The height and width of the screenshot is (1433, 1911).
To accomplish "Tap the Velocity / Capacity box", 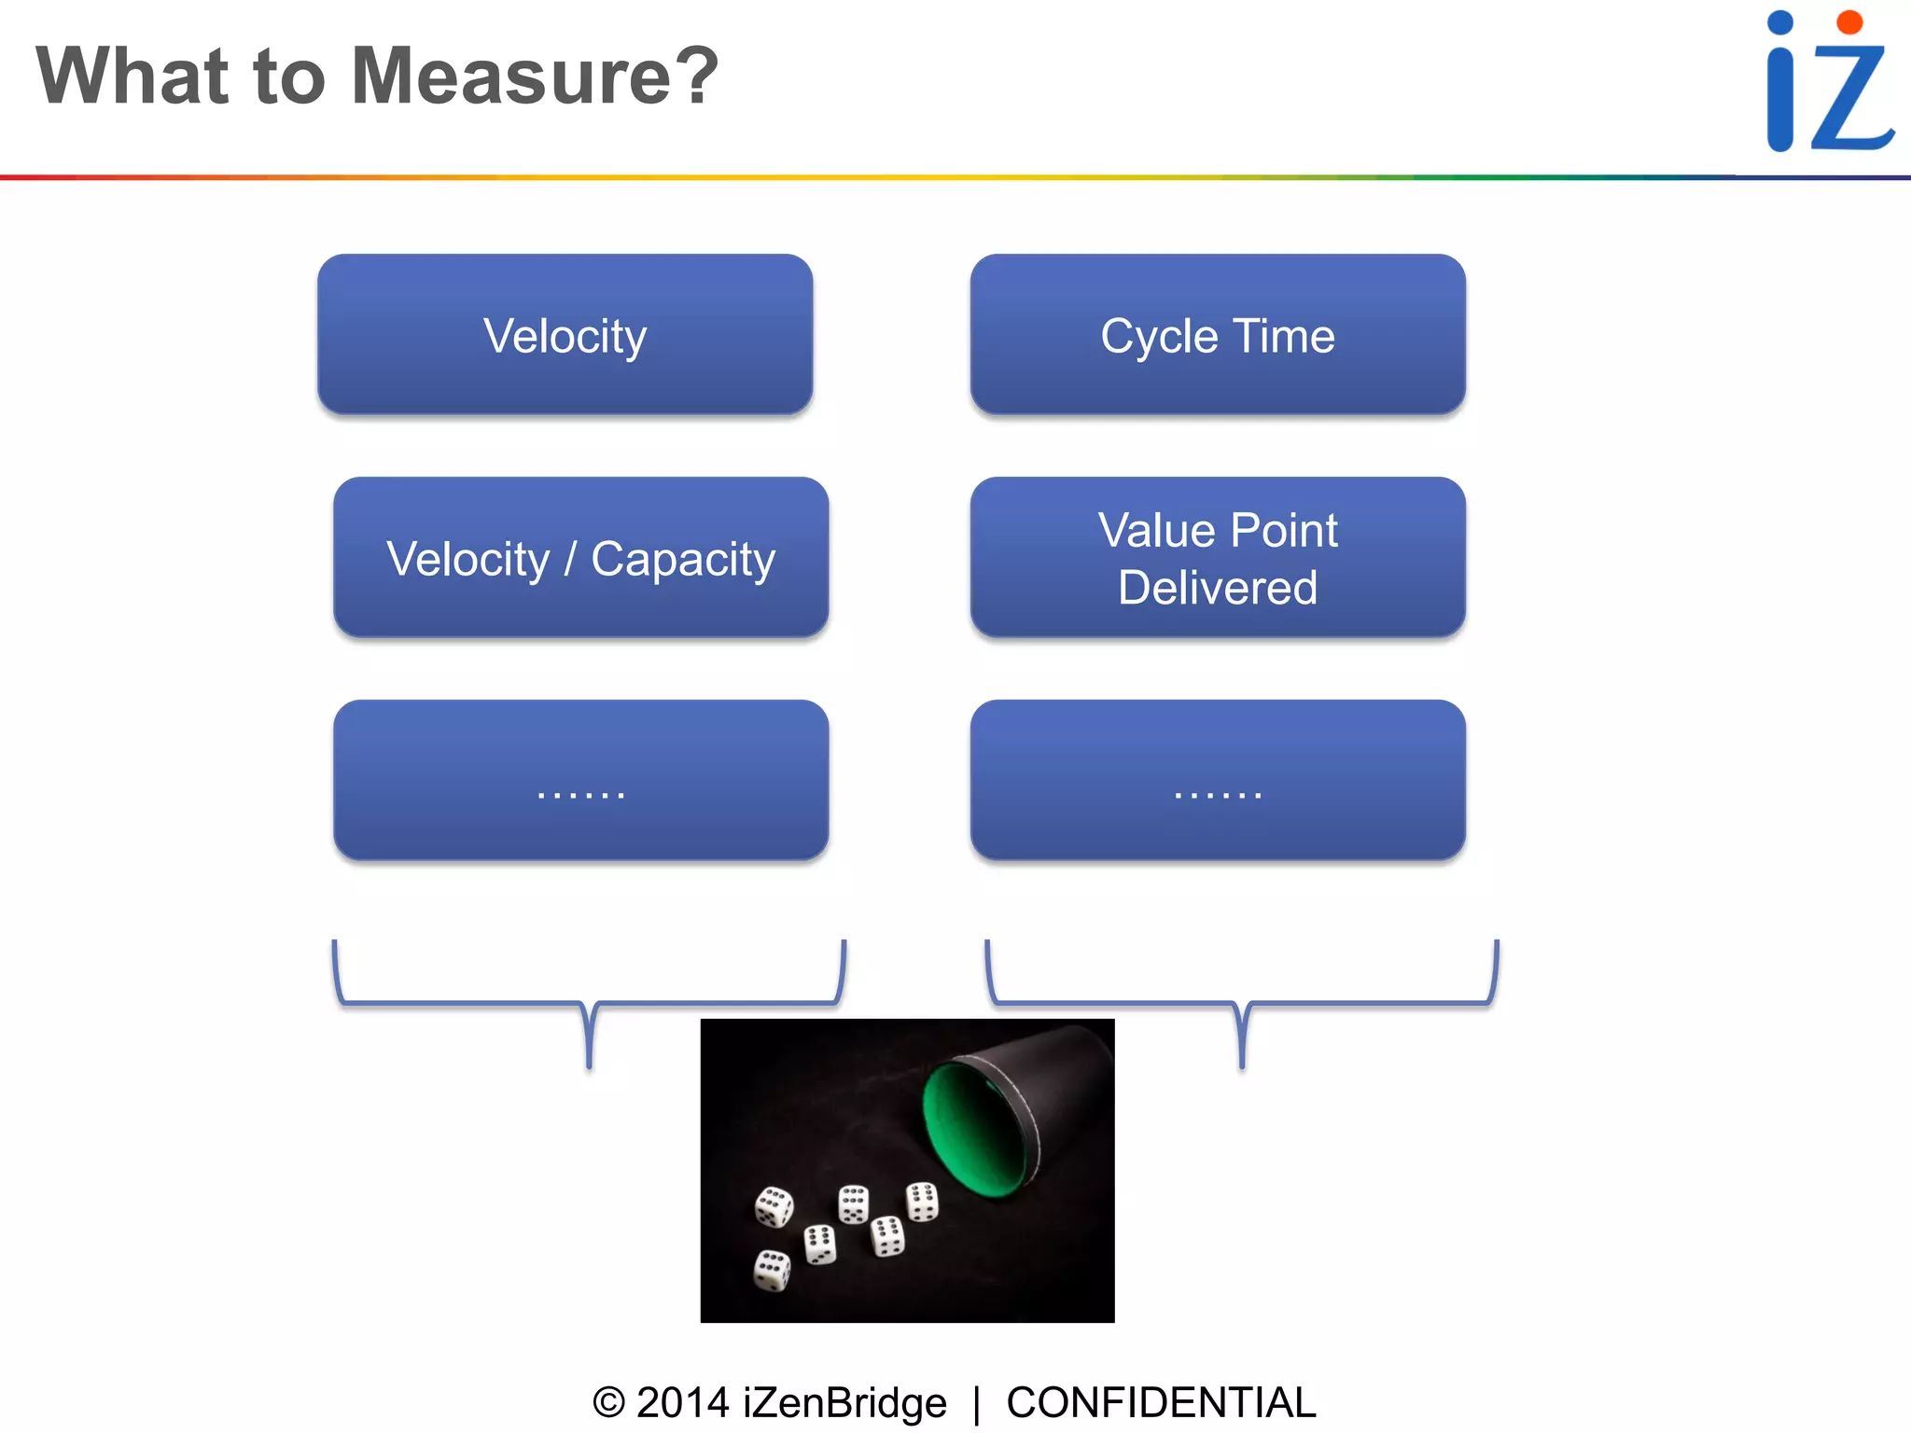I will [x=580, y=557].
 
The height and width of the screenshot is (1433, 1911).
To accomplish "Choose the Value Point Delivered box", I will [x=1218, y=557].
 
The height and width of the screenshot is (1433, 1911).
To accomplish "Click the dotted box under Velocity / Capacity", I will [x=580, y=780].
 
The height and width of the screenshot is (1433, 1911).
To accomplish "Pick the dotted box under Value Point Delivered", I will [x=1218, y=780].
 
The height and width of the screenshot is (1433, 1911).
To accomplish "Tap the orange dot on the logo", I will [x=1849, y=22].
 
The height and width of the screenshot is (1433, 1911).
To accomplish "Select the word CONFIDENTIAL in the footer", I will [x=1161, y=1402].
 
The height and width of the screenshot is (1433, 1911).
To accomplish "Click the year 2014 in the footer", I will [x=682, y=1402].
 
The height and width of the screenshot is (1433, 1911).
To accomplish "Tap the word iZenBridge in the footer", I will [x=844, y=1402].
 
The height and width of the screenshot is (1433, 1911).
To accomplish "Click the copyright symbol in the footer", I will [x=608, y=1402].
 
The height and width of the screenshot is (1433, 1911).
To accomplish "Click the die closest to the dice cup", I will [x=923, y=1202].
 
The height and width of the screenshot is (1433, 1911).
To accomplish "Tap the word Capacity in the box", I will [x=683, y=560].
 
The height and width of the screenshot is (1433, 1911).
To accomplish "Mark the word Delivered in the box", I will [x=1218, y=588].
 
